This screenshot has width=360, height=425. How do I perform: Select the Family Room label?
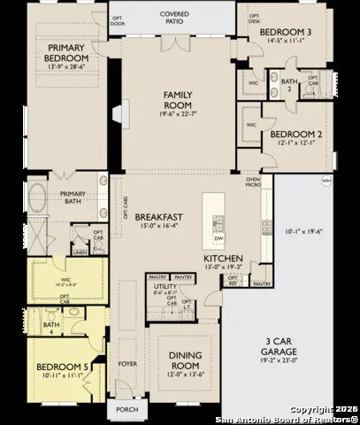pyautogui.click(x=177, y=98)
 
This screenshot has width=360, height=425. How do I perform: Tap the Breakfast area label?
pyautogui.click(x=158, y=217)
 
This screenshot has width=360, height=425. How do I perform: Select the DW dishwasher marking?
pyautogui.click(x=218, y=238)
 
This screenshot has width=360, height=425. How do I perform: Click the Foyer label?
pyautogui.click(x=127, y=361)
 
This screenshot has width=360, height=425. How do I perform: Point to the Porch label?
pyautogui.click(x=126, y=410)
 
